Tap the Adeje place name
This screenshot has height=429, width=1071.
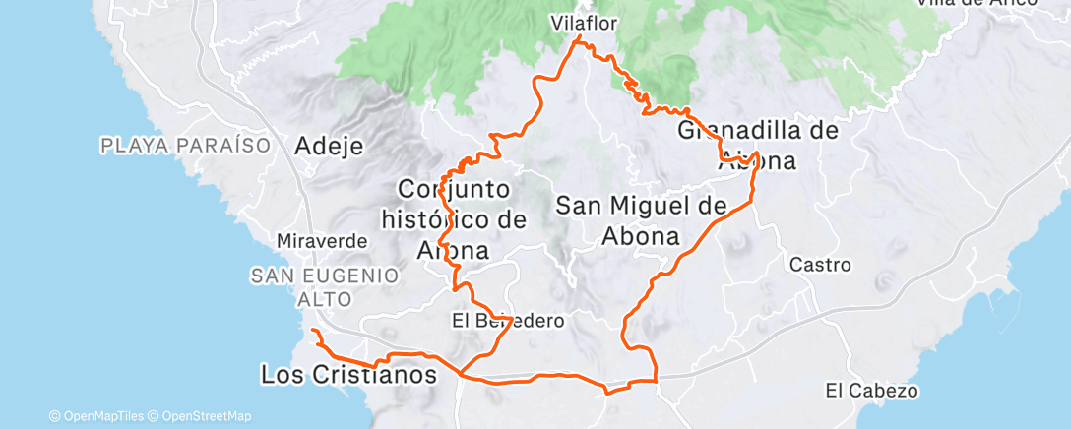(x=329, y=147)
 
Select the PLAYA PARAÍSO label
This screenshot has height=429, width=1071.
(x=185, y=146)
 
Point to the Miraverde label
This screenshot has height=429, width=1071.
(x=322, y=241)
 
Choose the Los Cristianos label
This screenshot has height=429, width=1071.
(x=347, y=375)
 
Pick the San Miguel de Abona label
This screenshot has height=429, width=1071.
(x=641, y=220)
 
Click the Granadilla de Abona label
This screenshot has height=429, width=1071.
(x=757, y=146)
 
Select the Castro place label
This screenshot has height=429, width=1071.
(x=820, y=265)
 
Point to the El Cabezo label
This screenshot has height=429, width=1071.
(x=872, y=391)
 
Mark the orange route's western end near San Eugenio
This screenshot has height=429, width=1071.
(x=312, y=332)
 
